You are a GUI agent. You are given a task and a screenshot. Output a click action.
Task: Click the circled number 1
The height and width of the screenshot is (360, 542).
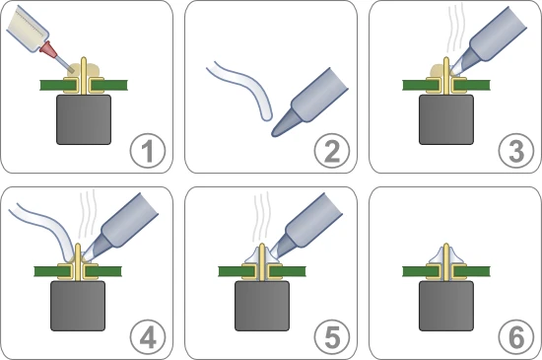147,153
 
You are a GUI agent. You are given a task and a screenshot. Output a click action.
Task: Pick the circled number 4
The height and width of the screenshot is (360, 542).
147,336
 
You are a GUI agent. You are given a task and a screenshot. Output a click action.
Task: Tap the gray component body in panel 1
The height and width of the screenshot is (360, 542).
84,119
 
